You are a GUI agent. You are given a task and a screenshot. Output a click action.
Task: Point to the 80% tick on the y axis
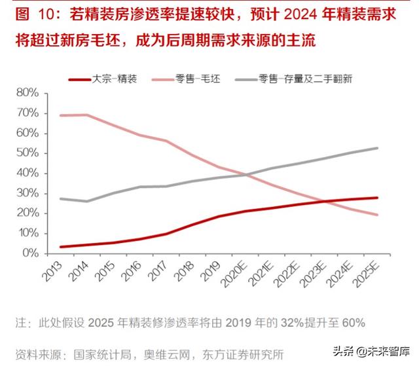pyautogui.click(x=29, y=93)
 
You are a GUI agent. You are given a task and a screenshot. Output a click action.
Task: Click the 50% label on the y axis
pyautogui.click(x=29, y=153)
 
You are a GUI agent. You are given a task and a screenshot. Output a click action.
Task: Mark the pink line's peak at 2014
pyautogui.click(x=87, y=115)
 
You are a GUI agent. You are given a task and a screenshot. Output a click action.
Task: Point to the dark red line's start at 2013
pyautogui.click(x=61, y=247)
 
